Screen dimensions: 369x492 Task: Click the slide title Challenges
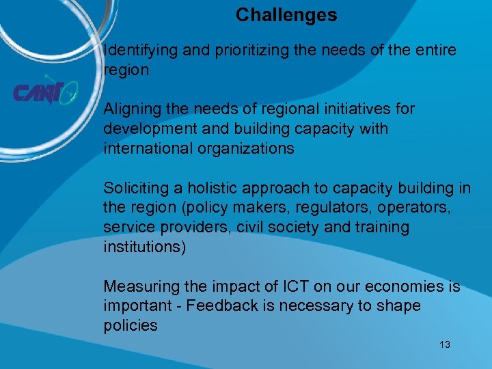click(286, 15)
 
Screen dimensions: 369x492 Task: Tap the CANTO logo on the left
click(45, 92)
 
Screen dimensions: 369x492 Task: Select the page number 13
click(445, 344)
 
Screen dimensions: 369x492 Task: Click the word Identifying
click(139, 51)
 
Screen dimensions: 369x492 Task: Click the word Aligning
click(132, 109)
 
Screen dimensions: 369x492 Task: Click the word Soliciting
click(134, 188)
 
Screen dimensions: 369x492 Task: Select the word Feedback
click(218, 306)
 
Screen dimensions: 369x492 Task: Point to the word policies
click(131, 326)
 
